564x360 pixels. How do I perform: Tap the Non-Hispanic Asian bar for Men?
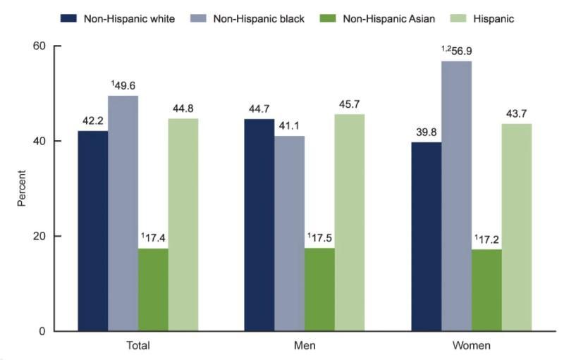319,289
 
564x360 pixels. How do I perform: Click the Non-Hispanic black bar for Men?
290,233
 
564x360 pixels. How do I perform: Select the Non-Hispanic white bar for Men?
259,225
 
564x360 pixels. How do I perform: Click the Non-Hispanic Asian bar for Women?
486,290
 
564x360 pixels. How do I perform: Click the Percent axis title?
22,188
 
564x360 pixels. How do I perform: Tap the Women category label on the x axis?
472,346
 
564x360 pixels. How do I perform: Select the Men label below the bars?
305,346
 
